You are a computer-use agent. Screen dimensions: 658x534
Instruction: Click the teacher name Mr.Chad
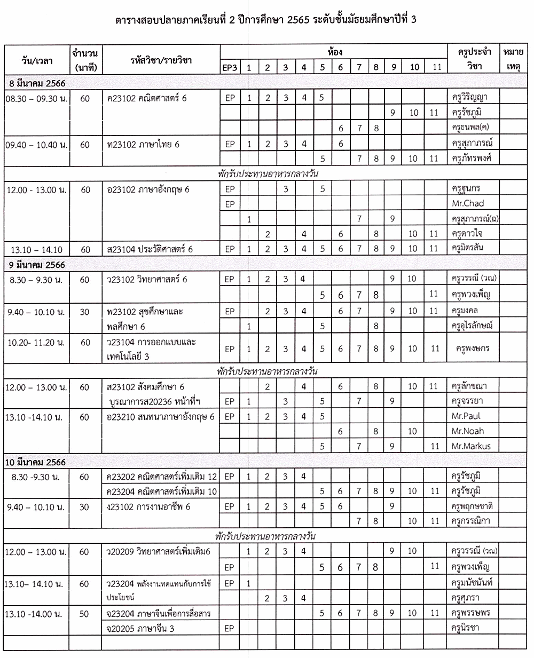(467, 203)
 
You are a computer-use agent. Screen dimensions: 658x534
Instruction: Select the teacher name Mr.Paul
(467, 416)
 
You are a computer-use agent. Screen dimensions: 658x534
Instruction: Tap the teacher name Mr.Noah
(467, 431)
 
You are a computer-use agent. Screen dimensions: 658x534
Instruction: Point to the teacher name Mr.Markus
(471, 446)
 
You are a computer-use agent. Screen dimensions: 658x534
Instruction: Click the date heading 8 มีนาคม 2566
(37, 83)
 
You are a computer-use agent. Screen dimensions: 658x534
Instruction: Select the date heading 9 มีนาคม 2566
(37, 265)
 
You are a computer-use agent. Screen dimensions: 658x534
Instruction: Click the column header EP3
(230, 67)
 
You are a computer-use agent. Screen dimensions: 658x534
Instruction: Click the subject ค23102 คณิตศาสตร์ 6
(147, 98)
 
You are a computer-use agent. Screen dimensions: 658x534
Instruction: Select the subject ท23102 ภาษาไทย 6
(143, 144)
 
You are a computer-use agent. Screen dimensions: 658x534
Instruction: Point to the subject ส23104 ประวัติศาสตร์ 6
(150, 249)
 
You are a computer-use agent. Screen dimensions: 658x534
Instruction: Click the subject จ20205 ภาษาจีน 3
(141, 629)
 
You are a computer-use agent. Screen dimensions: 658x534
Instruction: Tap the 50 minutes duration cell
(84, 614)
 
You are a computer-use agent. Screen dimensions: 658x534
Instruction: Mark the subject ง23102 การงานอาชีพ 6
(148, 506)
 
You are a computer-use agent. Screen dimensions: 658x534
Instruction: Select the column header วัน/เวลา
(37, 60)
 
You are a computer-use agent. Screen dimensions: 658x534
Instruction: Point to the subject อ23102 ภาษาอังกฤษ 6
(148, 189)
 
